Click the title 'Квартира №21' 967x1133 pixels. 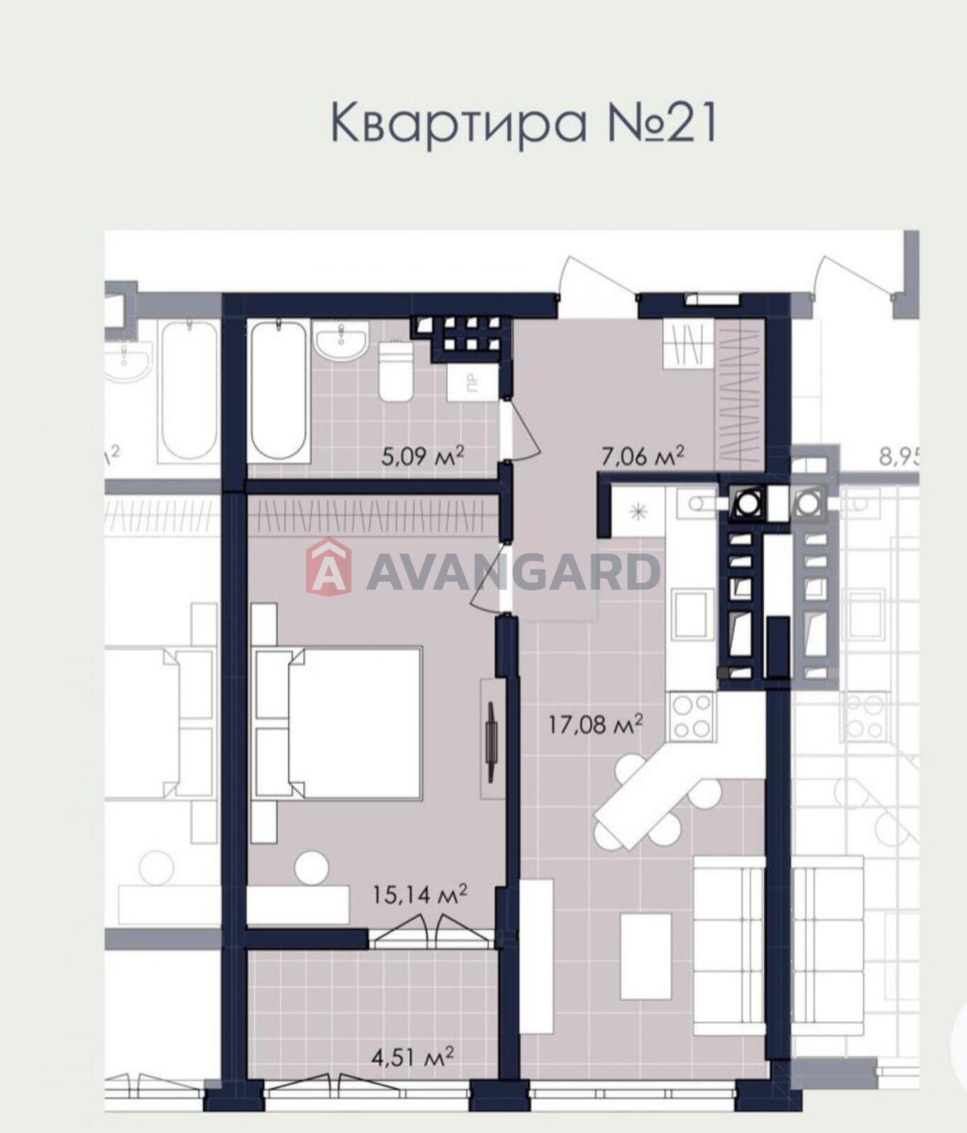(524, 123)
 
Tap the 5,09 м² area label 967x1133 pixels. (422, 455)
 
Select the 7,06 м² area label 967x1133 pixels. (643, 455)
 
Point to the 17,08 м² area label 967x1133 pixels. (596, 724)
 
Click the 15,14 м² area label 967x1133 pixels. (419, 894)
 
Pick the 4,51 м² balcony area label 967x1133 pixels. (412, 1058)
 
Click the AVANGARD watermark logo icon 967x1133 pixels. (328, 567)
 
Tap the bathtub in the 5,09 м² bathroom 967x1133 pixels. (279, 390)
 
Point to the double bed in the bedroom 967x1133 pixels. (339, 721)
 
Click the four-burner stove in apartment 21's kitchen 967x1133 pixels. (691, 716)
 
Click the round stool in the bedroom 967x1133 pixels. (312, 868)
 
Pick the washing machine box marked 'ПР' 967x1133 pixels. (473, 383)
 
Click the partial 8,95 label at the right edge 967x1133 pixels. (900, 456)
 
